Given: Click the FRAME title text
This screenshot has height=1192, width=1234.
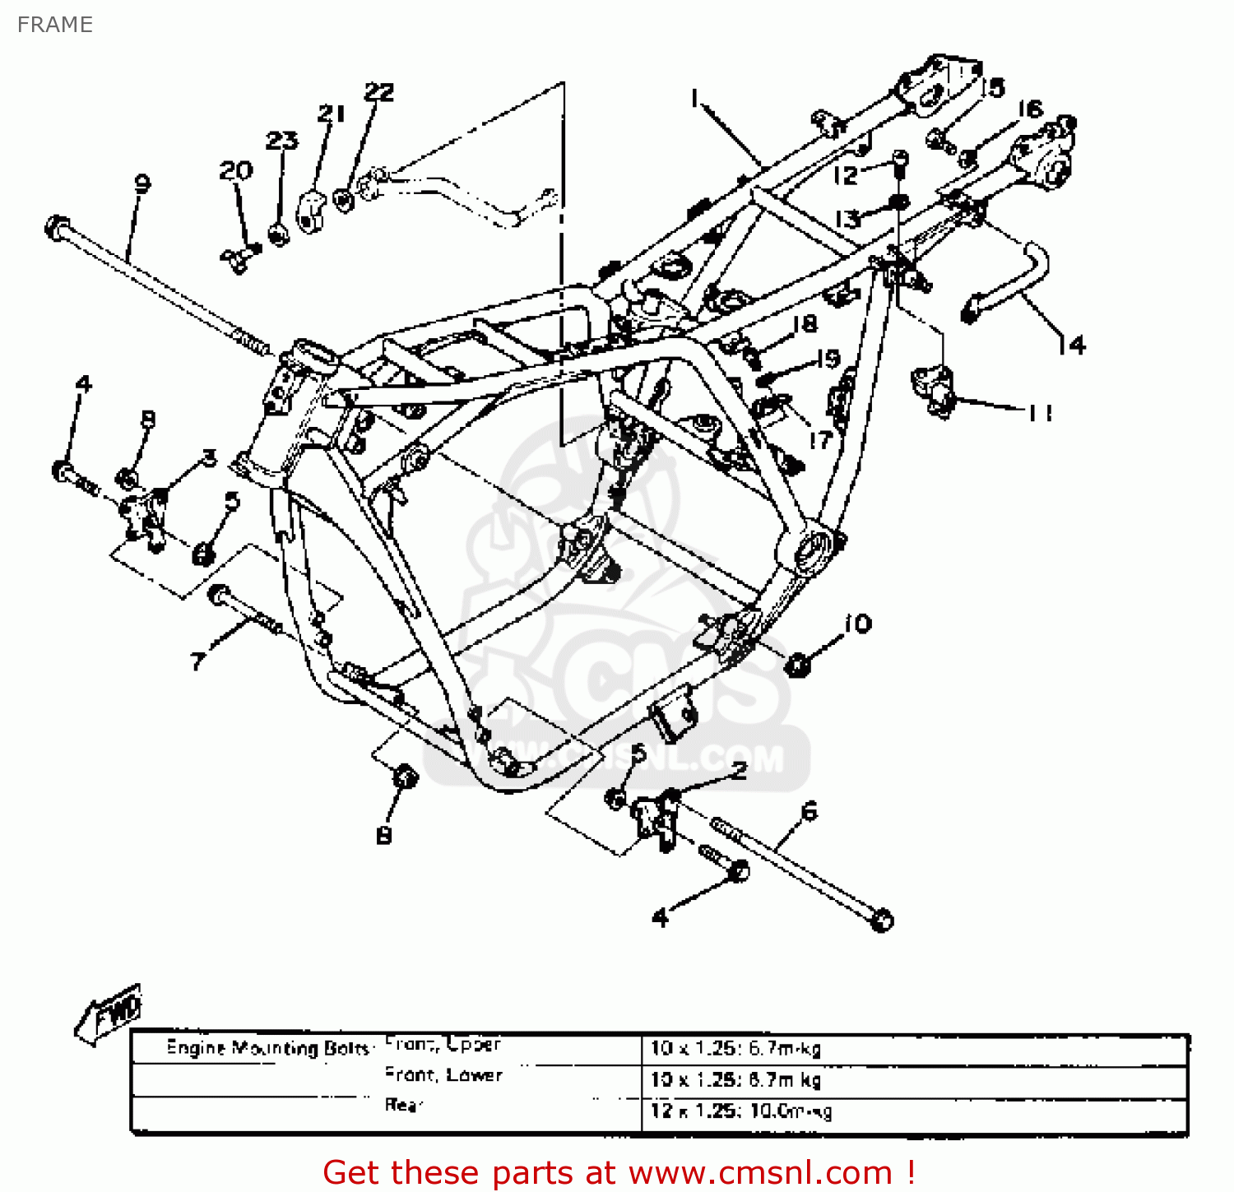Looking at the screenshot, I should pos(54,25).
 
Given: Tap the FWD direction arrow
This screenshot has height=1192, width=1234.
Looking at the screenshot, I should pos(109,1014).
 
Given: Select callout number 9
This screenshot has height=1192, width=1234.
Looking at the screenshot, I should pos(142,183).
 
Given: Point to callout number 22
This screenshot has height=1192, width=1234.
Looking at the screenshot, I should pos(379,91).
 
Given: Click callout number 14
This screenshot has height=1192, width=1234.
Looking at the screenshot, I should pos(1071,345).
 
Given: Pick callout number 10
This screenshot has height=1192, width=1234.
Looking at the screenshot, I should pos(857,624).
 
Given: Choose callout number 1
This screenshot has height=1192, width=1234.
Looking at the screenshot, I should pos(695,100).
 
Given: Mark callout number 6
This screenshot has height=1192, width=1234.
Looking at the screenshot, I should pos(810,811).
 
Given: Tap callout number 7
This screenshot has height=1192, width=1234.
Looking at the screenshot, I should pos(197,661).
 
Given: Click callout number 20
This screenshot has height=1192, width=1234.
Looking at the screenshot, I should pos(236,170).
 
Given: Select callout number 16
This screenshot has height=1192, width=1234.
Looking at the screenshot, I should pos(1030,109).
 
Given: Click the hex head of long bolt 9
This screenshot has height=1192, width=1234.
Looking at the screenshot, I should pos(57,226).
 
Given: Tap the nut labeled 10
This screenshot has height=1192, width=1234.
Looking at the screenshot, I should pos(796,665).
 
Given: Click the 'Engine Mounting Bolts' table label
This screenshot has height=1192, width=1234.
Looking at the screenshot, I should pos(267,1047).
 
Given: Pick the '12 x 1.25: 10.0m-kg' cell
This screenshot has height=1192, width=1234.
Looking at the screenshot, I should pos(741,1111).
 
